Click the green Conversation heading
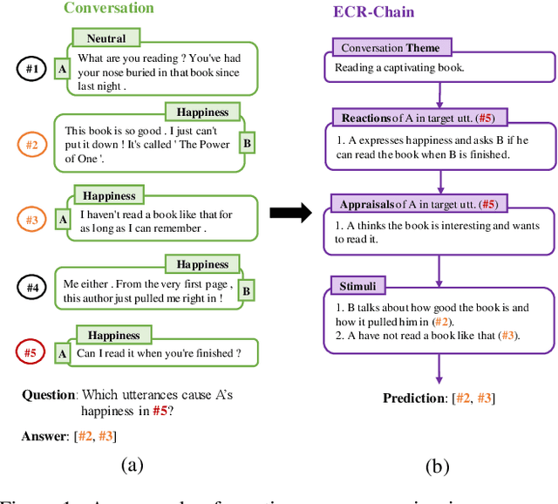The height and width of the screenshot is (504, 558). pos(109,10)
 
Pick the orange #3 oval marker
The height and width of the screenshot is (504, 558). pos(31,221)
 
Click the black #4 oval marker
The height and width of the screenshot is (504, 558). pos(31,287)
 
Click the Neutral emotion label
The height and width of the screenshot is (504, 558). pos(106,38)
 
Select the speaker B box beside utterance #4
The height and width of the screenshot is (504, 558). pos(246,290)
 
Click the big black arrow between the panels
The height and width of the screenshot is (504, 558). pos(290,213)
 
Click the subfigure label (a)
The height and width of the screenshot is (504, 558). pos(131,465)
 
